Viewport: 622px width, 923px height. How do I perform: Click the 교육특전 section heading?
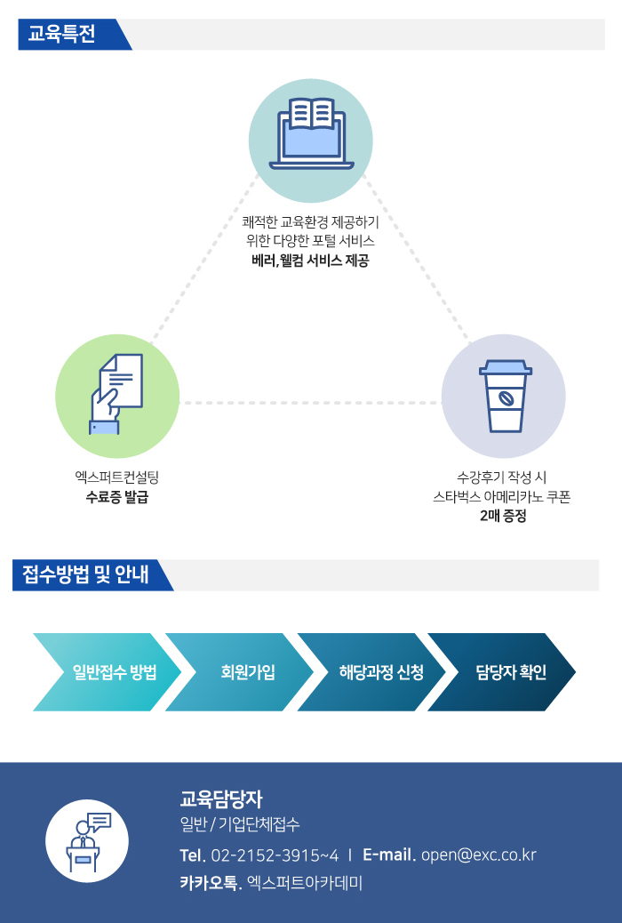click(62, 34)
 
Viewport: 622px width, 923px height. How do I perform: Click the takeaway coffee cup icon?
click(506, 397)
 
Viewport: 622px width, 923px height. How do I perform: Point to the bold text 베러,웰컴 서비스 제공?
click(310, 261)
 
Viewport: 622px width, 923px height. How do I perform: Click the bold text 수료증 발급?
click(117, 497)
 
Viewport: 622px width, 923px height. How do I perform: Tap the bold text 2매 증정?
click(503, 516)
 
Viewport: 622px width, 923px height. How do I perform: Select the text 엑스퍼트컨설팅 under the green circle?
click(117, 478)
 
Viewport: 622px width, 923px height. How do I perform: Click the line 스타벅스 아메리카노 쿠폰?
click(502, 497)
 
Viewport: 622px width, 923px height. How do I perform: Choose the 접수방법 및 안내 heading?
click(85, 574)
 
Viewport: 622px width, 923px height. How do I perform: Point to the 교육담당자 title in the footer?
click(221, 799)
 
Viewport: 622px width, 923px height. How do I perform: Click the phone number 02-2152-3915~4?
click(275, 855)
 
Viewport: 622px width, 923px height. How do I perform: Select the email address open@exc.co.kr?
click(479, 855)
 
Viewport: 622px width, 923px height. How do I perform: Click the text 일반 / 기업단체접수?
click(240, 824)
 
